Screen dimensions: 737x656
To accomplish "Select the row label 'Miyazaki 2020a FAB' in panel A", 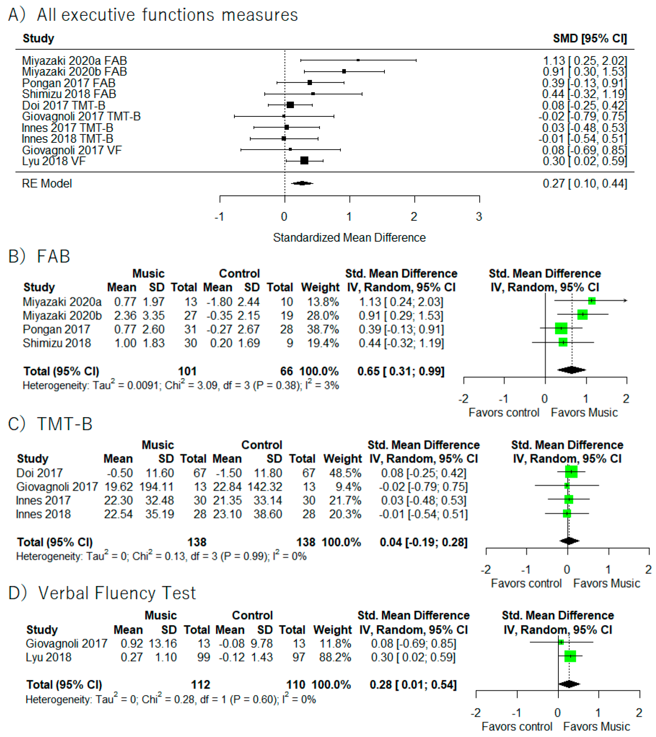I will click(74, 61).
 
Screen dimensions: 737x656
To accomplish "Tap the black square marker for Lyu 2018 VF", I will click(304, 161).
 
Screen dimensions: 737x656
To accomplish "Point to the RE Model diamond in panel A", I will click(302, 183).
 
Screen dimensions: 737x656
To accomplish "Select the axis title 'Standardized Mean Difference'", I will click(349, 238).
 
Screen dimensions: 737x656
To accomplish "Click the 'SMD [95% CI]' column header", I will click(590, 38).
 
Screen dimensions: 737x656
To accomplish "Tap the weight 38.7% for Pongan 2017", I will click(323, 329).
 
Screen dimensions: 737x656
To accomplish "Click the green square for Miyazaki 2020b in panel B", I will click(582, 314).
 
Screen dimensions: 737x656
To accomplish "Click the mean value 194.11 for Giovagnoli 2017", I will click(157, 487).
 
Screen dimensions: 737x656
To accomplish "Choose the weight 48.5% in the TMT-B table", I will click(345, 473).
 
